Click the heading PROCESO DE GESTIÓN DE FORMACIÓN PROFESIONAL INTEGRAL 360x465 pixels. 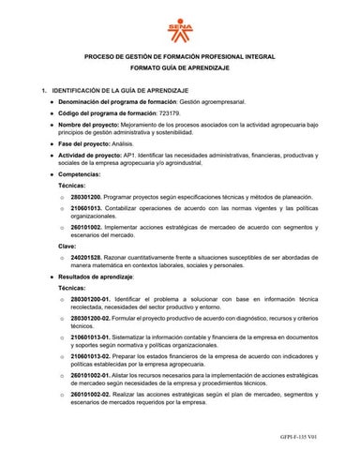(x=179, y=58)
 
